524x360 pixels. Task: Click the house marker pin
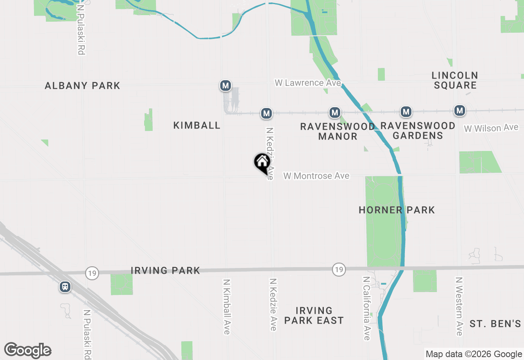[x=262, y=163]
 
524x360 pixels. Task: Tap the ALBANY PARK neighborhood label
[x=82, y=86]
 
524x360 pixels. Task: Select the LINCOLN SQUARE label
[x=455, y=80]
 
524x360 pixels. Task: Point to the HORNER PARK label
[x=397, y=210]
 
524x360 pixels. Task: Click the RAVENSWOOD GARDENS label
[x=418, y=130]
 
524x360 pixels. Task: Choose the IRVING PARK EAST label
[x=314, y=315]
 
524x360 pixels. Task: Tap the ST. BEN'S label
[x=495, y=324]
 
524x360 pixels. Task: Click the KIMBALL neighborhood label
[x=197, y=126]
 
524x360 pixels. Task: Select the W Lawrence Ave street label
[x=308, y=83]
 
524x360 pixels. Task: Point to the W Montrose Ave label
[x=316, y=176]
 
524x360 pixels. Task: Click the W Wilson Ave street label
[x=491, y=128]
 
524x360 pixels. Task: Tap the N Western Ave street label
[x=459, y=306]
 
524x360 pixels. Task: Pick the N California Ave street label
[x=366, y=308]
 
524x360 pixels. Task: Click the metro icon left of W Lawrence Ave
[x=225, y=85]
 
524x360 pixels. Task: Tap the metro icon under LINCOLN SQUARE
[x=460, y=110]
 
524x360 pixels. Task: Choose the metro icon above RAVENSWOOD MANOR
[x=335, y=112]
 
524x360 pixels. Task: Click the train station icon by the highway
[x=65, y=287]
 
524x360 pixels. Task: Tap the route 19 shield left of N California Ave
[x=339, y=270]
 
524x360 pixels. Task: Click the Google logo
[x=27, y=351]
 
